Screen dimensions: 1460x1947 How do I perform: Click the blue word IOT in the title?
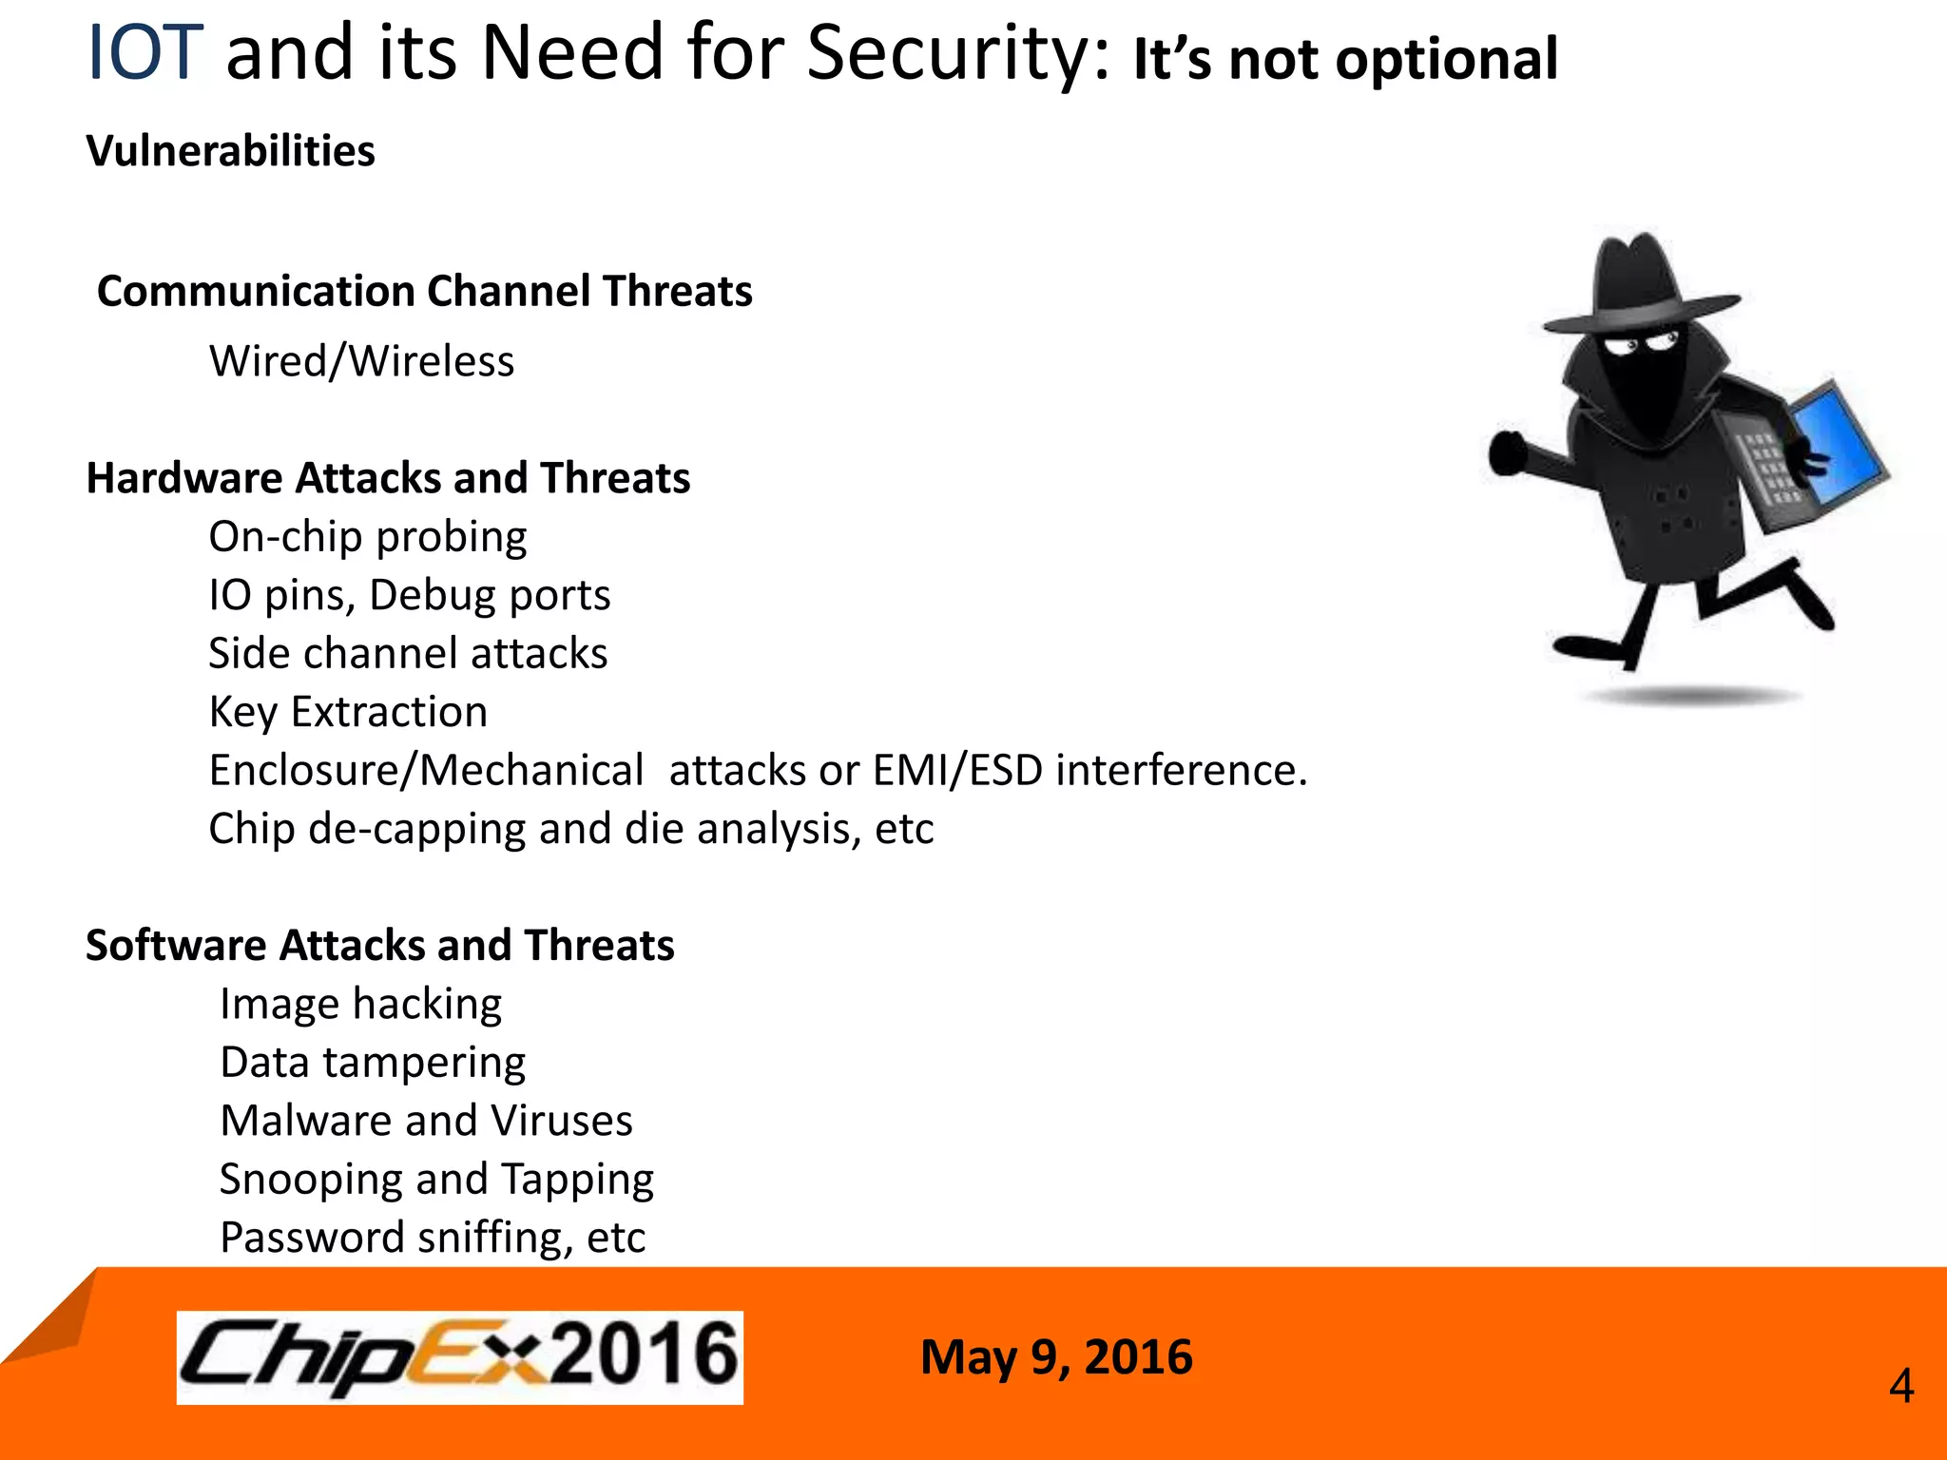point(145,53)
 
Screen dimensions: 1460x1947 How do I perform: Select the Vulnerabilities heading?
point(230,151)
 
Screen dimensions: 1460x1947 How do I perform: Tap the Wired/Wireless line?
point(361,361)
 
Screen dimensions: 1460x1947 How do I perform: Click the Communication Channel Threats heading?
point(424,291)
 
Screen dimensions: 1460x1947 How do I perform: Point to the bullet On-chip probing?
point(367,537)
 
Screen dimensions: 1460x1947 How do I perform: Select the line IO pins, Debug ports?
point(409,596)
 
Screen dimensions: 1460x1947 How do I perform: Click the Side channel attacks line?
point(408,654)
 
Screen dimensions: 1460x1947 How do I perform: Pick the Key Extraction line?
point(348,712)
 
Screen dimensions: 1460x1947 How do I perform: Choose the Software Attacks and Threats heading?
point(379,946)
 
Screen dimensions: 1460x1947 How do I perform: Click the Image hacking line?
point(360,1005)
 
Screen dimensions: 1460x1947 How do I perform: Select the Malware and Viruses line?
point(426,1121)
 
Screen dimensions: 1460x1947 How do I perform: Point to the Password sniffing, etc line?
point(433,1238)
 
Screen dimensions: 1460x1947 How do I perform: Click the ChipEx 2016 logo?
point(459,1357)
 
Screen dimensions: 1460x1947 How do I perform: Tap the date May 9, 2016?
point(1055,1357)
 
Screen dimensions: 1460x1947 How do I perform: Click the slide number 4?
point(1900,1387)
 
